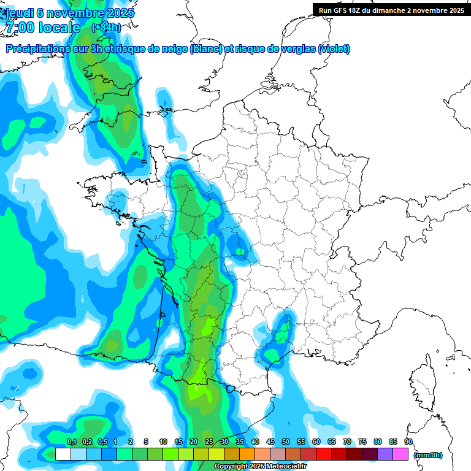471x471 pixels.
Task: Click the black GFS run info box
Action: click(x=391, y=10)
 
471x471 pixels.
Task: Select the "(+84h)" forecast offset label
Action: click(x=106, y=27)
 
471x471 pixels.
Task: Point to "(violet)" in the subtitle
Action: click(x=334, y=49)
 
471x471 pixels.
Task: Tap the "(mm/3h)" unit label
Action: click(x=428, y=455)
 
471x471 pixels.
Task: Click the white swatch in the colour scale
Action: click(x=63, y=454)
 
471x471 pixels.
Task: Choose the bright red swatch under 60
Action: click(x=323, y=454)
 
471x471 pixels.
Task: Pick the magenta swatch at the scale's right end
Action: click(x=400, y=454)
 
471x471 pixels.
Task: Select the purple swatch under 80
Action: click(x=385, y=454)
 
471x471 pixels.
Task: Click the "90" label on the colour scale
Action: click(x=408, y=442)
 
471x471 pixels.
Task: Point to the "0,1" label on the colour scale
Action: click(x=71, y=442)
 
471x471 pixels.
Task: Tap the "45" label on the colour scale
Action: click(x=270, y=442)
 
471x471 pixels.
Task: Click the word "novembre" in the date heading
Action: click(x=75, y=13)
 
